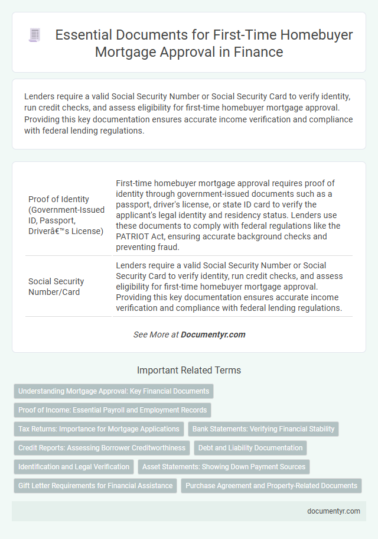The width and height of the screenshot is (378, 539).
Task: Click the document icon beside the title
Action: pyautogui.click(x=35, y=35)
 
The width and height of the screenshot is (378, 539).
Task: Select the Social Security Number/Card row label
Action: pyautogui.click(x=56, y=287)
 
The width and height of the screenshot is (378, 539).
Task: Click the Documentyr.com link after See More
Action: pyautogui.click(x=213, y=335)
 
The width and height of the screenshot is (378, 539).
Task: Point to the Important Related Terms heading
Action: pyautogui.click(x=189, y=371)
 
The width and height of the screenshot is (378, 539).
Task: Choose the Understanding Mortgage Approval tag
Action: pyautogui.click(x=113, y=391)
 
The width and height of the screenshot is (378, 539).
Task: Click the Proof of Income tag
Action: pyautogui.click(x=112, y=410)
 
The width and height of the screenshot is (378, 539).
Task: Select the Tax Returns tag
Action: pyautogui.click(x=99, y=429)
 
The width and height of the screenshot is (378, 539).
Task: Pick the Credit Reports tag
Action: pyautogui.click(x=101, y=448)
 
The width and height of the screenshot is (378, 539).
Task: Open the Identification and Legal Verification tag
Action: pyautogui.click(x=74, y=467)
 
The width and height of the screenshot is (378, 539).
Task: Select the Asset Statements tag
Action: pyautogui.click(x=224, y=467)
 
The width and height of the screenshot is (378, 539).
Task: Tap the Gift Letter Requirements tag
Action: pyautogui.click(x=96, y=486)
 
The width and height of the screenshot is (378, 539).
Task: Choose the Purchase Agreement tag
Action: pyautogui.click(x=271, y=486)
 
